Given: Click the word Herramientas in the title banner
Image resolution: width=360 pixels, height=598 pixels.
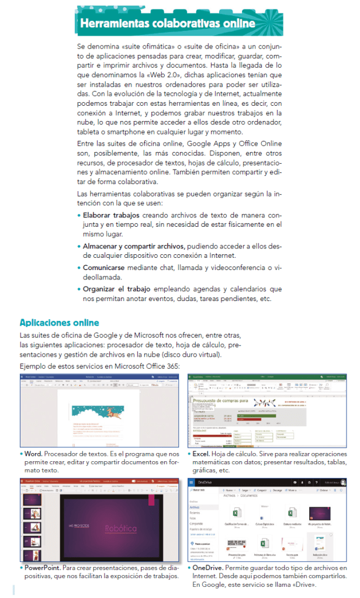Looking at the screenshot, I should pos(113,24).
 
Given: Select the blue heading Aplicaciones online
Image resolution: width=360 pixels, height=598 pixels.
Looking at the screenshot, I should pos(59,323).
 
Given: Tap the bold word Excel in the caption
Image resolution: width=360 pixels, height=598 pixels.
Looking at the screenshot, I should pos(203,454).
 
